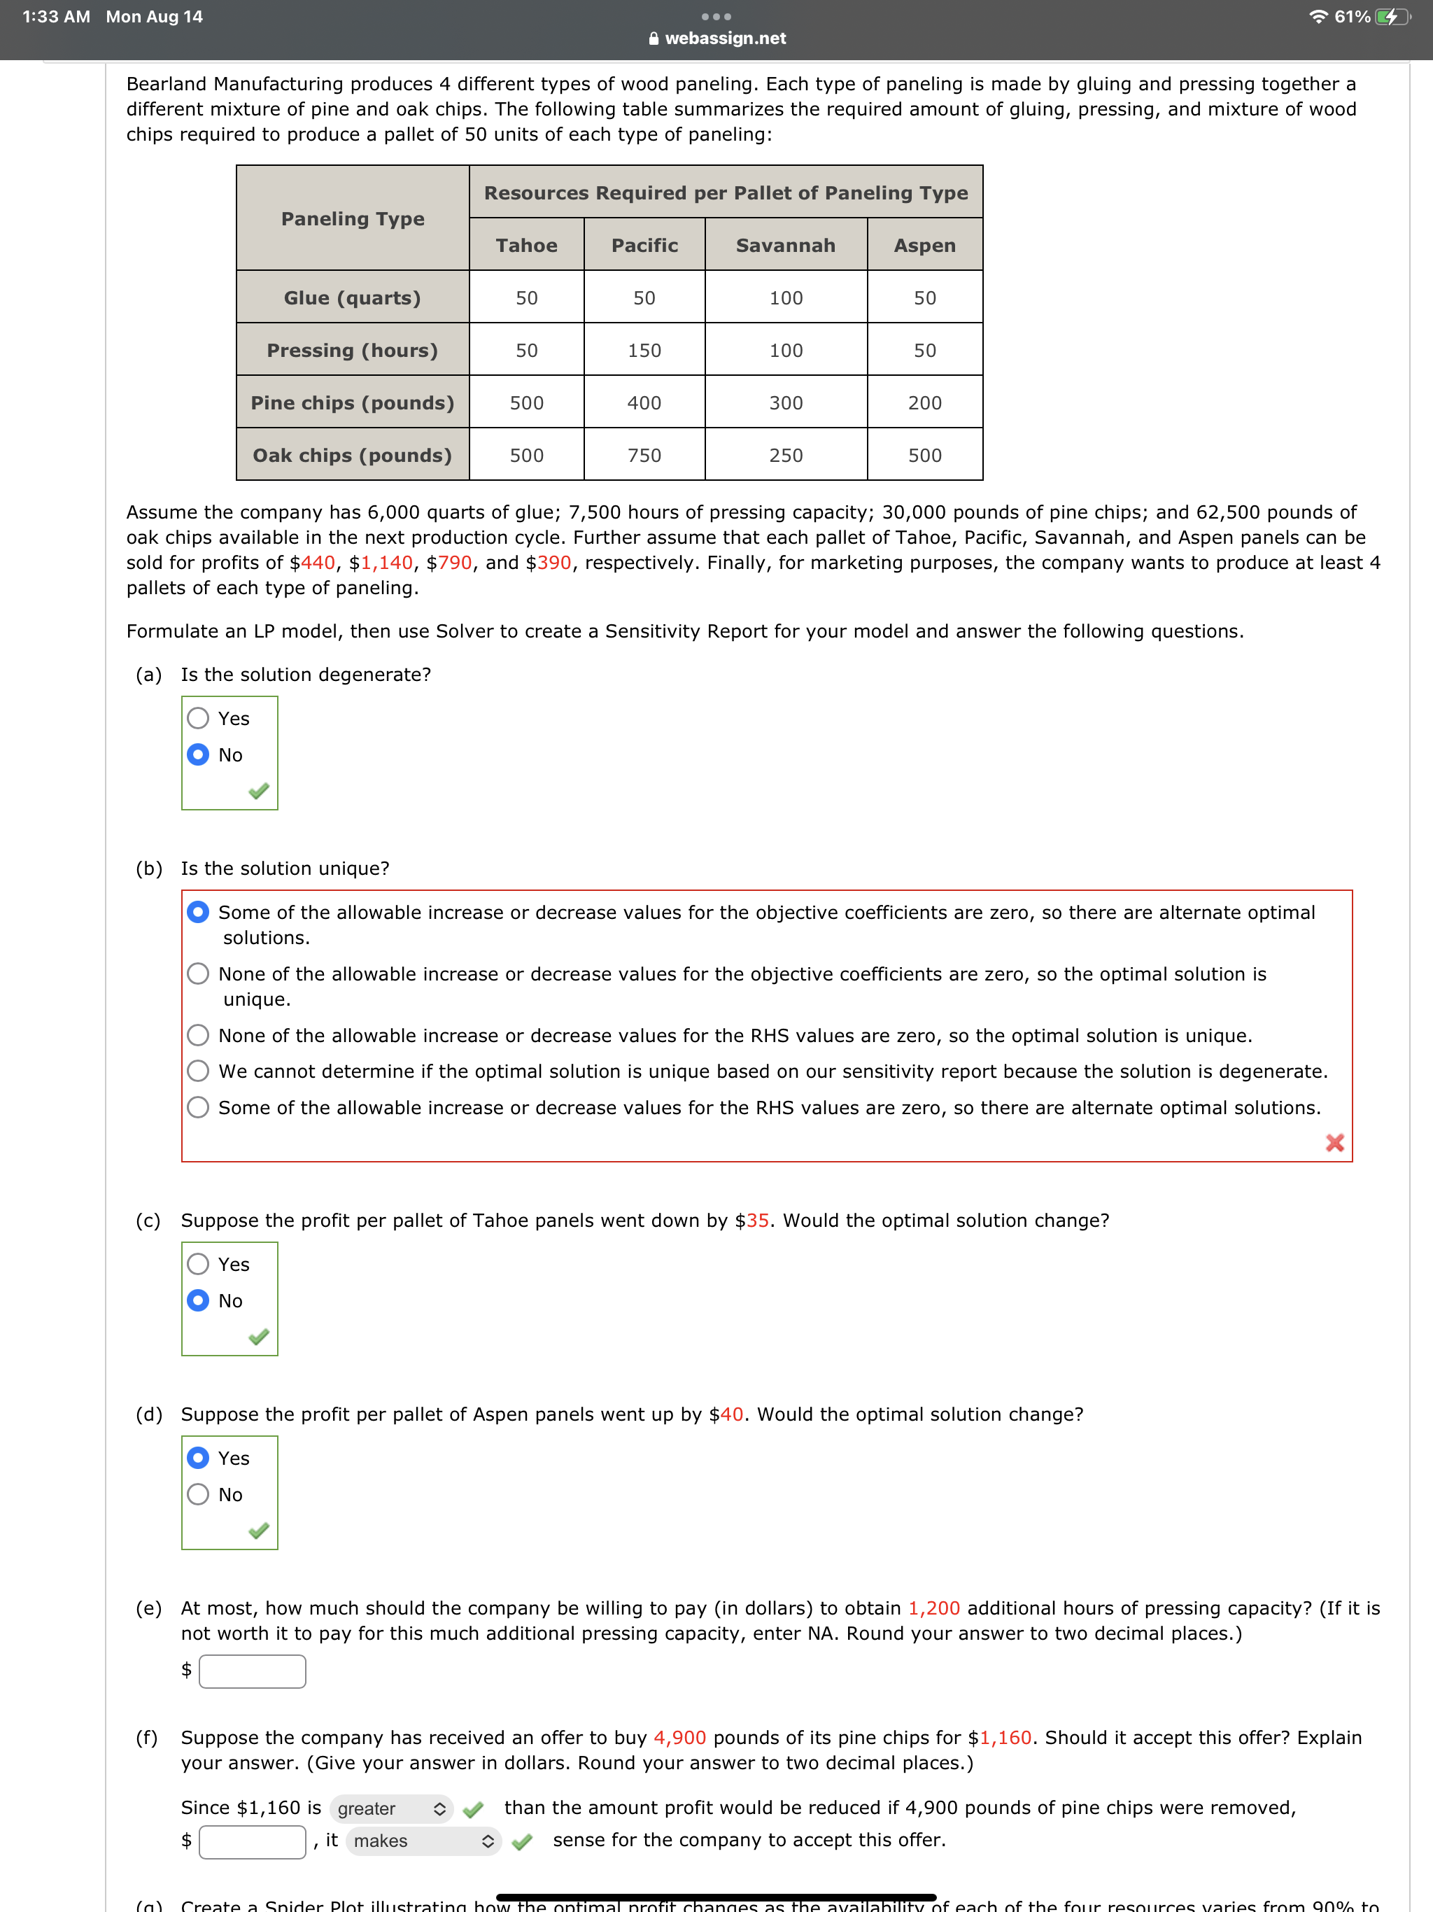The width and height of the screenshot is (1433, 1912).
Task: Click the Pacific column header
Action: pyautogui.click(x=644, y=246)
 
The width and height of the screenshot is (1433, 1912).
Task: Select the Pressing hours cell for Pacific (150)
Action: pyautogui.click(x=644, y=350)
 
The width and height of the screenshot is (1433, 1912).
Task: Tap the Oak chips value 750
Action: pyautogui.click(x=644, y=456)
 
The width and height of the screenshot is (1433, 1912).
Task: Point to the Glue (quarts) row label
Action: pyautogui.click(x=352, y=298)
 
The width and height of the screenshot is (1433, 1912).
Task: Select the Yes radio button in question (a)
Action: pyautogui.click(x=198, y=718)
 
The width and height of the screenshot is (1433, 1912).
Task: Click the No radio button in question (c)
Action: pyautogui.click(x=198, y=1300)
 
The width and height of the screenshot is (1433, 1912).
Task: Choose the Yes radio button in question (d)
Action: pyautogui.click(x=198, y=1458)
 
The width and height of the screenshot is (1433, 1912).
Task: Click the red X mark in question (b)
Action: pyautogui.click(x=1334, y=1143)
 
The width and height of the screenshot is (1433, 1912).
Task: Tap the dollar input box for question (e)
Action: pyautogui.click(x=253, y=1671)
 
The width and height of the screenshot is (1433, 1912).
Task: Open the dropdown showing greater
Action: pyautogui.click(x=390, y=1808)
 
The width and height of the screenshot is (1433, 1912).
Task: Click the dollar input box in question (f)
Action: pyautogui.click(x=253, y=1841)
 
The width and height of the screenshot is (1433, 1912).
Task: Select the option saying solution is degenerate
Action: pyautogui.click(x=198, y=1071)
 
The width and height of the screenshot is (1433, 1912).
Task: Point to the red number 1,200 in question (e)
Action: pyautogui.click(x=933, y=1608)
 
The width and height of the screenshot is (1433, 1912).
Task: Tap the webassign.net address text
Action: pyautogui.click(x=724, y=38)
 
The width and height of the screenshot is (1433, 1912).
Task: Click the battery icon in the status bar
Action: pyautogui.click(x=1392, y=16)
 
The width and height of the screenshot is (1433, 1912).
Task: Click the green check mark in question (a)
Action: pyautogui.click(x=258, y=791)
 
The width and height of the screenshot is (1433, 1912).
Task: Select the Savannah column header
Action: pyautogui.click(x=785, y=246)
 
